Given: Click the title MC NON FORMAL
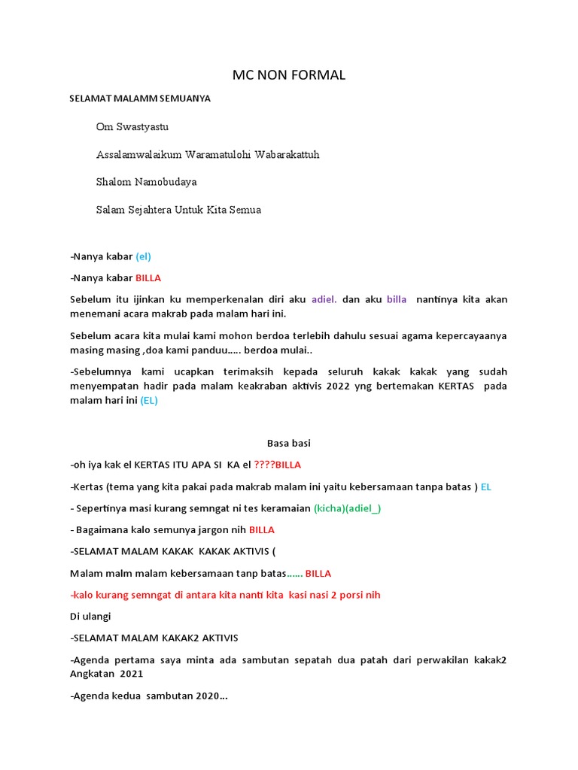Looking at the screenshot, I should tap(289, 74).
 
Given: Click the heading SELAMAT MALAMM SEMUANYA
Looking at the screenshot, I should tap(140, 99).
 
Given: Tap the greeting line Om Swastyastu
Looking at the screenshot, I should tap(132, 127).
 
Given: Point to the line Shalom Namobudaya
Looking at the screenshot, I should tap(146, 182).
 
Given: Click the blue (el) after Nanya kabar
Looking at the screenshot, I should tap(143, 256).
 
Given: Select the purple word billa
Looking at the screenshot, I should tap(397, 299).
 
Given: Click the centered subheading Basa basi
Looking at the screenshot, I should tap(289, 443).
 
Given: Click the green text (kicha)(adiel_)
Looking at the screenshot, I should tap(348, 508).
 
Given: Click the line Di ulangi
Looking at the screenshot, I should tap(90, 616).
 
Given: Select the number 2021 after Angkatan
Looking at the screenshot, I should tap(131, 674).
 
